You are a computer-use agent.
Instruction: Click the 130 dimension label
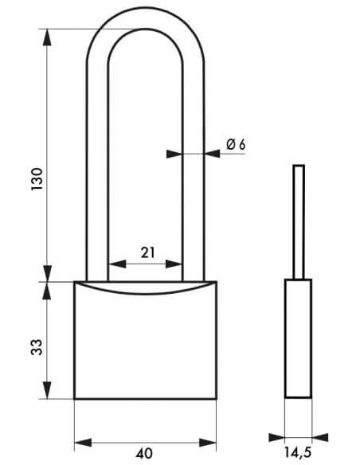click(37, 179)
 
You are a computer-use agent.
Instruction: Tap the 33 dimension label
click(37, 347)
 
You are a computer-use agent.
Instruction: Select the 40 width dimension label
click(144, 453)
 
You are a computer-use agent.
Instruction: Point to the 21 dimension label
click(147, 252)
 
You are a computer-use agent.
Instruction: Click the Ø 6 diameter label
click(236, 144)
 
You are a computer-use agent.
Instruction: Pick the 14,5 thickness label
click(298, 452)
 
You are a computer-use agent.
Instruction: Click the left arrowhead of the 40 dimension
click(83, 443)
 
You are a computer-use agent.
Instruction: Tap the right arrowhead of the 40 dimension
click(208, 443)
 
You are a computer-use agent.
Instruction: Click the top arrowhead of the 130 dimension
click(47, 37)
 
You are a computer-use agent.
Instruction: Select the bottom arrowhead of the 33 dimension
click(47, 390)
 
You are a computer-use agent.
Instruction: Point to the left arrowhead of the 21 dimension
click(117, 264)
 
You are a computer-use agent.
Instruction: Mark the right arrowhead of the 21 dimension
click(173, 264)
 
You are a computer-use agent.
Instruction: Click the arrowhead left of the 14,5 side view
click(276, 437)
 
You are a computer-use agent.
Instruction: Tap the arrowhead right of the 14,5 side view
click(320, 437)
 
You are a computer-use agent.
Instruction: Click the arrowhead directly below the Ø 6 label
click(212, 154)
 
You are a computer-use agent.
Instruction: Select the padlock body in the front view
click(145, 340)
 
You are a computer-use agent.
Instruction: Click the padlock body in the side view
click(298, 338)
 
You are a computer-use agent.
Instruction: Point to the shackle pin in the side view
click(299, 222)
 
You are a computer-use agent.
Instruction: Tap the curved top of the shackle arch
click(145, 18)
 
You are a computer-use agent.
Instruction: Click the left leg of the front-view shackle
click(97, 172)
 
